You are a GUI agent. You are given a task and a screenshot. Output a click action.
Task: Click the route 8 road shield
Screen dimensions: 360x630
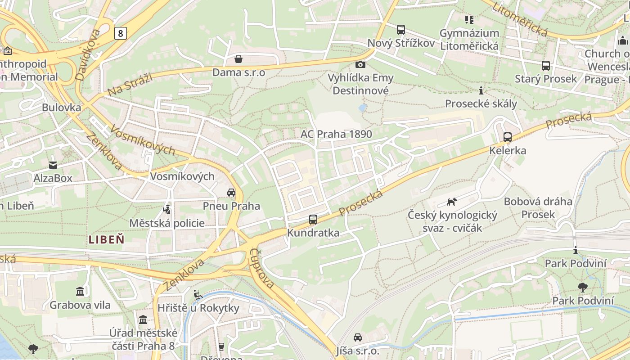[x=120, y=33]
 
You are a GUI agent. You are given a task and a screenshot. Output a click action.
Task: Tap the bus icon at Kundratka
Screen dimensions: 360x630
[x=313, y=220]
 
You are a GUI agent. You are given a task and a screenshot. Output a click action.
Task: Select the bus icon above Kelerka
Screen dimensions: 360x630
[x=508, y=137]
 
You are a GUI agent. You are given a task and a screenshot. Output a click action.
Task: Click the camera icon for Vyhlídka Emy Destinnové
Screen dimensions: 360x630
[x=360, y=64]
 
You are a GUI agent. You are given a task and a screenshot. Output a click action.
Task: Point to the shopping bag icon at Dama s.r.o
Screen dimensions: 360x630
[x=238, y=59]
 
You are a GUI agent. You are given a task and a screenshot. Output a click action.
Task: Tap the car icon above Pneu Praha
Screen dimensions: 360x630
[x=231, y=193]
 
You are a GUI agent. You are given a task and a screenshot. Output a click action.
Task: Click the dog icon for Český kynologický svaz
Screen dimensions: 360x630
[x=452, y=202]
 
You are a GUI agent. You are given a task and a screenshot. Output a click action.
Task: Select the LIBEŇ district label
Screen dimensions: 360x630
[x=107, y=239]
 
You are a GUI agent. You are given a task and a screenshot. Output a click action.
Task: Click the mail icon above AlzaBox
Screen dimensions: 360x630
[x=53, y=165]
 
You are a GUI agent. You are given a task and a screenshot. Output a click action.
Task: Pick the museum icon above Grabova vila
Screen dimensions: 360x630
[x=80, y=292]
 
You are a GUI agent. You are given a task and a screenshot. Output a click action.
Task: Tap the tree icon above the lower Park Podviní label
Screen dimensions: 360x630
[x=583, y=287]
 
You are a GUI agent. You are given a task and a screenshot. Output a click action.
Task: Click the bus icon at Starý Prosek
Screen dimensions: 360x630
[x=546, y=66]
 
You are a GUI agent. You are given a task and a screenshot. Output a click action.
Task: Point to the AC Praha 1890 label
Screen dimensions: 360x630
[x=336, y=134]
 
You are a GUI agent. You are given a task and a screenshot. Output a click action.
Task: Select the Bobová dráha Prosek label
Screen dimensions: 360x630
[x=538, y=207]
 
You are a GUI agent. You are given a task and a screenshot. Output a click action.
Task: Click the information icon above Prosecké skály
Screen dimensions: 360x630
[x=481, y=90]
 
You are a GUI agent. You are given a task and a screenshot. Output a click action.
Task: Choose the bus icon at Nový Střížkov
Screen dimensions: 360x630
[x=401, y=30]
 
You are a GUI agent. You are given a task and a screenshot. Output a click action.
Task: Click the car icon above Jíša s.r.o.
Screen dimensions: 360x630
[x=358, y=337]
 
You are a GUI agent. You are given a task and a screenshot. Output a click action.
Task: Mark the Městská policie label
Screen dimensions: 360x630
[x=166, y=223]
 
